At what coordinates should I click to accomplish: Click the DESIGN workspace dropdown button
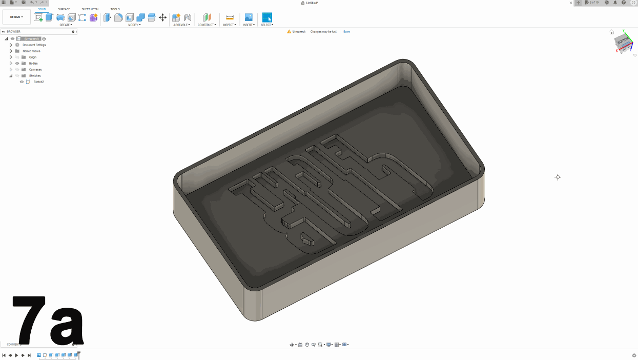[16, 17]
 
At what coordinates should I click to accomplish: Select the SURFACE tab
[64, 9]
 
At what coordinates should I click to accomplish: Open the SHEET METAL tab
[90, 9]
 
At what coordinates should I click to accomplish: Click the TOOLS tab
[115, 9]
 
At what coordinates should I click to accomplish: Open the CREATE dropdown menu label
[66, 25]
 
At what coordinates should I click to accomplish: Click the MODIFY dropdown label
[134, 25]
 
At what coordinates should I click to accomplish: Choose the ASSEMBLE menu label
[181, 25]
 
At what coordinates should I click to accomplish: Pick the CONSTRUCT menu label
[207, 25]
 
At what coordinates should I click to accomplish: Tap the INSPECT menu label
[230, 25]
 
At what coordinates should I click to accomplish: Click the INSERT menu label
[249, 25]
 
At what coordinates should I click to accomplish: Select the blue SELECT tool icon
[267, 17]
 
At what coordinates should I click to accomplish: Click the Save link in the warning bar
[346, 32]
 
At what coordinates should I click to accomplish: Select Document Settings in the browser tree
[34, 45]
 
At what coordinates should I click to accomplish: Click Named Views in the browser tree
[31, 51]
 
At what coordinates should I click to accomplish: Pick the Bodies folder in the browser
[33, 64]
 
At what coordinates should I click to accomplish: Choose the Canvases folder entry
[35, 70]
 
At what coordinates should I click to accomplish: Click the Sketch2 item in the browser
[39, 82]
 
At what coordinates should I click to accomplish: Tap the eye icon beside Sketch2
[22, 82]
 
